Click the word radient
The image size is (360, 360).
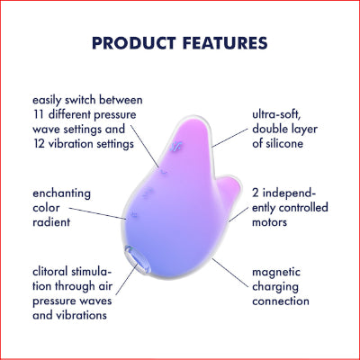[x=53, y=222]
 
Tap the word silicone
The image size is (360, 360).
[x=286, y=145]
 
